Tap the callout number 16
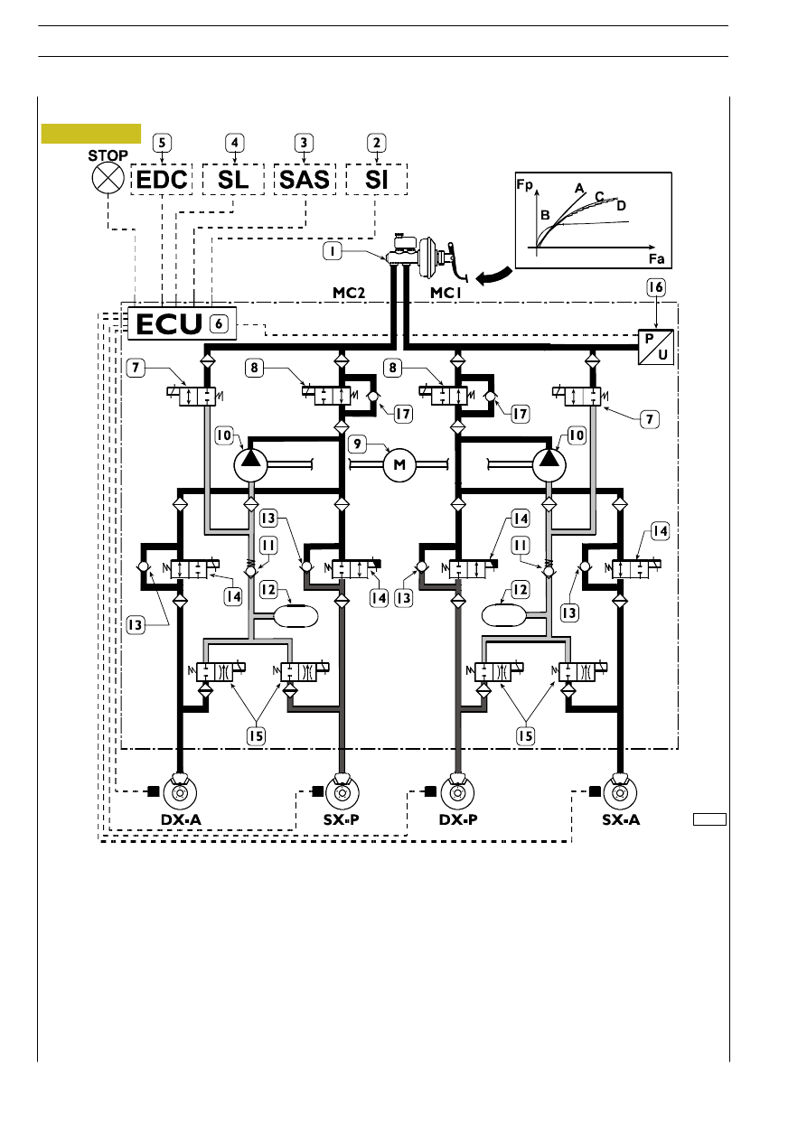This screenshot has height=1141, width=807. click(x=656, y=287)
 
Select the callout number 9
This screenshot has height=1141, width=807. click(x=357, y=444)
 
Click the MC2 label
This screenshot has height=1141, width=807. click(x=349, y=293)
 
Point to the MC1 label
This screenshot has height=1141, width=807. click(x=446, y=293)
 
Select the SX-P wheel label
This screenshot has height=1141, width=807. click(x=342, y=819)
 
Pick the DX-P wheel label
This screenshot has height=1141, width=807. click(x=458, y=819)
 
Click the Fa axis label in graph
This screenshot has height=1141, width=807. click(x=657, y=258)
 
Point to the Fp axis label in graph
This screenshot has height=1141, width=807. click(x=524, y=184)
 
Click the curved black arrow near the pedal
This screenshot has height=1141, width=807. click(x=493, y=276)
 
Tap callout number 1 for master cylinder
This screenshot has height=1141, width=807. click(x=333, y=251)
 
